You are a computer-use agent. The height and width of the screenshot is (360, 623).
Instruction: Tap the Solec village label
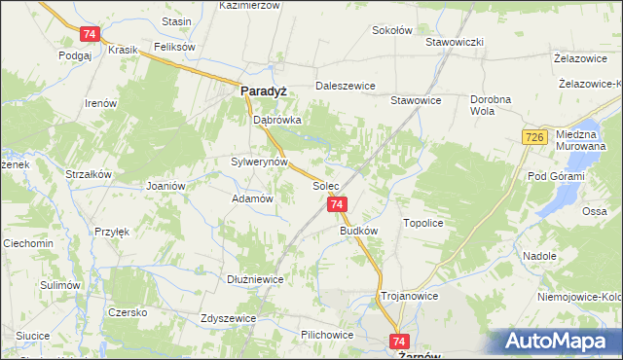tap(325, 184)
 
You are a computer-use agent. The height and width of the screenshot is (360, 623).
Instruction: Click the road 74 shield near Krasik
tap(90, 34)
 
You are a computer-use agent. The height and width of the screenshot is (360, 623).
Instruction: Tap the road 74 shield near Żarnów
tap(398, 342)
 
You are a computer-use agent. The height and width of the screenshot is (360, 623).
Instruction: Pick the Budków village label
tap(358, 232)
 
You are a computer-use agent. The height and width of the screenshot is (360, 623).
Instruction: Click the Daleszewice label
tap(345, 86)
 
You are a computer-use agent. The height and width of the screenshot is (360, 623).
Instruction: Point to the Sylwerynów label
tap(259, 162)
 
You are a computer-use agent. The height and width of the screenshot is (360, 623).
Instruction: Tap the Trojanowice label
tap(409, 295)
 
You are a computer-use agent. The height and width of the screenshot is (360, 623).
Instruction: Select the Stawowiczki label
tap(455, 43)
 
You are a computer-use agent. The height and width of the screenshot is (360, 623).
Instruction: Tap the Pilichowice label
tap(326, 334)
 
